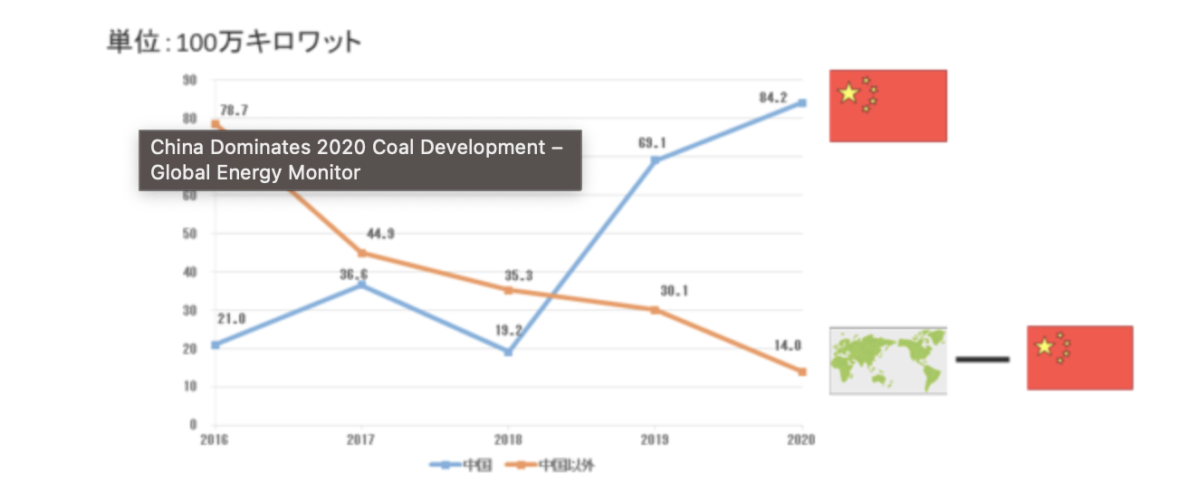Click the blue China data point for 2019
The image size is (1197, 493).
655,160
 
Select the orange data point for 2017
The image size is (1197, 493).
362,253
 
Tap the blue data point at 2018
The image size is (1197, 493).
509,352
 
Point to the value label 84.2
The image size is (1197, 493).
773,98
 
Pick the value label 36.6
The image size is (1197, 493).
353,274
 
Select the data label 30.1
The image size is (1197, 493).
674,291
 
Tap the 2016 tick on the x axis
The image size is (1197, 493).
215,440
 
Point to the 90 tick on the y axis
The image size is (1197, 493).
190,80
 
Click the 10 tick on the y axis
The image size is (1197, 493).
190,386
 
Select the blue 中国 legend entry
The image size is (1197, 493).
462,466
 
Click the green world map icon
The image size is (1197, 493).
887,360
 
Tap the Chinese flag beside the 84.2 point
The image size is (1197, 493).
887,105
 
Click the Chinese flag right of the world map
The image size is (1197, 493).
1079,358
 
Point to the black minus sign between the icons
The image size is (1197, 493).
982,360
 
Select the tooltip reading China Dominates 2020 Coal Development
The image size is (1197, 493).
359,159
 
